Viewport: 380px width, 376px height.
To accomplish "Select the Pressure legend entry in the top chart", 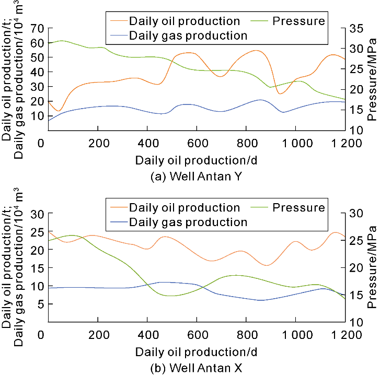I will point(298,21).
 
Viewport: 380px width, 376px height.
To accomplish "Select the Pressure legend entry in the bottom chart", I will point(298,208).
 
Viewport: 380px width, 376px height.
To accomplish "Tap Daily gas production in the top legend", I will point(188,36).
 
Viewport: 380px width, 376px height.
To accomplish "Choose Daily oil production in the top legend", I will point(185,21).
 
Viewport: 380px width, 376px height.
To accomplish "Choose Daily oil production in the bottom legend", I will point(185,208).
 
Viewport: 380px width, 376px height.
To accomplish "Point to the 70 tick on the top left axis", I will point(38,28).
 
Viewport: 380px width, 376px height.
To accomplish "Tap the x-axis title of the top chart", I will point(195,159).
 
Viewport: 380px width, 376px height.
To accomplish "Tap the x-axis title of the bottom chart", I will point(195,350).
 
